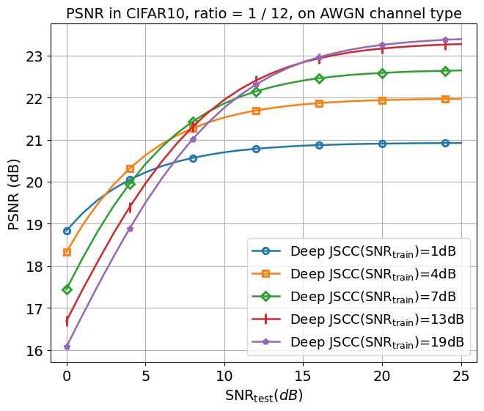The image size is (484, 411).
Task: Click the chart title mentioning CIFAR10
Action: [264, 13]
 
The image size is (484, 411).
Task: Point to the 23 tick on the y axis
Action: [35, 56]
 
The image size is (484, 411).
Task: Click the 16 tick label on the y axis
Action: [35, 351]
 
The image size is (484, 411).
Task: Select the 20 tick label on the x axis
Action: [382, 376]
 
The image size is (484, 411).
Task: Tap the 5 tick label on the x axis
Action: [145, 376]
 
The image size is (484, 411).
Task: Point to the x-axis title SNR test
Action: [264, 396]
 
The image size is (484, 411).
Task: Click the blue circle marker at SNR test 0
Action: [67, 231]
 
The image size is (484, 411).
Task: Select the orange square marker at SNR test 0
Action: [67, 252]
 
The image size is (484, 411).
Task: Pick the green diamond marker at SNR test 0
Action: [67, 289]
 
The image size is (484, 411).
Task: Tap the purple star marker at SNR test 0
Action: [67, 347]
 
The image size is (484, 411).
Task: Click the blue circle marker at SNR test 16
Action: [319, 145]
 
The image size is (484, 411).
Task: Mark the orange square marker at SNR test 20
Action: [382, 100]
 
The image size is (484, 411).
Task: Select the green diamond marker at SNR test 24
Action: [445, 71]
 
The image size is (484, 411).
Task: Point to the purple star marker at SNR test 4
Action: [130, 229]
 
